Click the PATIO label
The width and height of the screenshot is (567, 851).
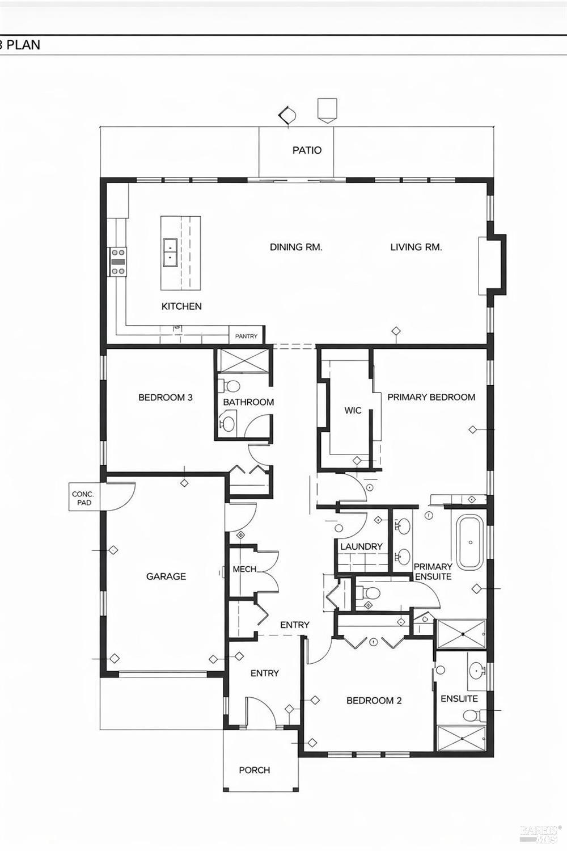coord(307,150)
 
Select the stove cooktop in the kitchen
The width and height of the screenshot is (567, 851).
coord(118,262)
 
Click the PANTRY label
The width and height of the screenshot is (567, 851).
coord(246,336)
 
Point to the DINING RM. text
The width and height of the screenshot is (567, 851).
coord(296,247)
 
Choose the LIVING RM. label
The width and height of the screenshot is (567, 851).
coord(416,247)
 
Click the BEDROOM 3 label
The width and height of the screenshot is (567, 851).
coord(165,397)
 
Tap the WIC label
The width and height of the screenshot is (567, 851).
coord(353,410)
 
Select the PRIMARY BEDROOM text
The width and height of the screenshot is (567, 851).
coord(431,397)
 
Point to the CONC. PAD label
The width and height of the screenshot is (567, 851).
coord(83,499)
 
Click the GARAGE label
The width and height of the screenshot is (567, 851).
coord(166,576)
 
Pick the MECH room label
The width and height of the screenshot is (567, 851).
coord(244,569)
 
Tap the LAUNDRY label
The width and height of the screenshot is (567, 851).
coord(361,547)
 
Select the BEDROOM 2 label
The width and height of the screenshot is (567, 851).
coord(374,701)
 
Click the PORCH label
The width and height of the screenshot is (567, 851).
coord(255,770)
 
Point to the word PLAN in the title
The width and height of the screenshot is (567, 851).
coord(24,45)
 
